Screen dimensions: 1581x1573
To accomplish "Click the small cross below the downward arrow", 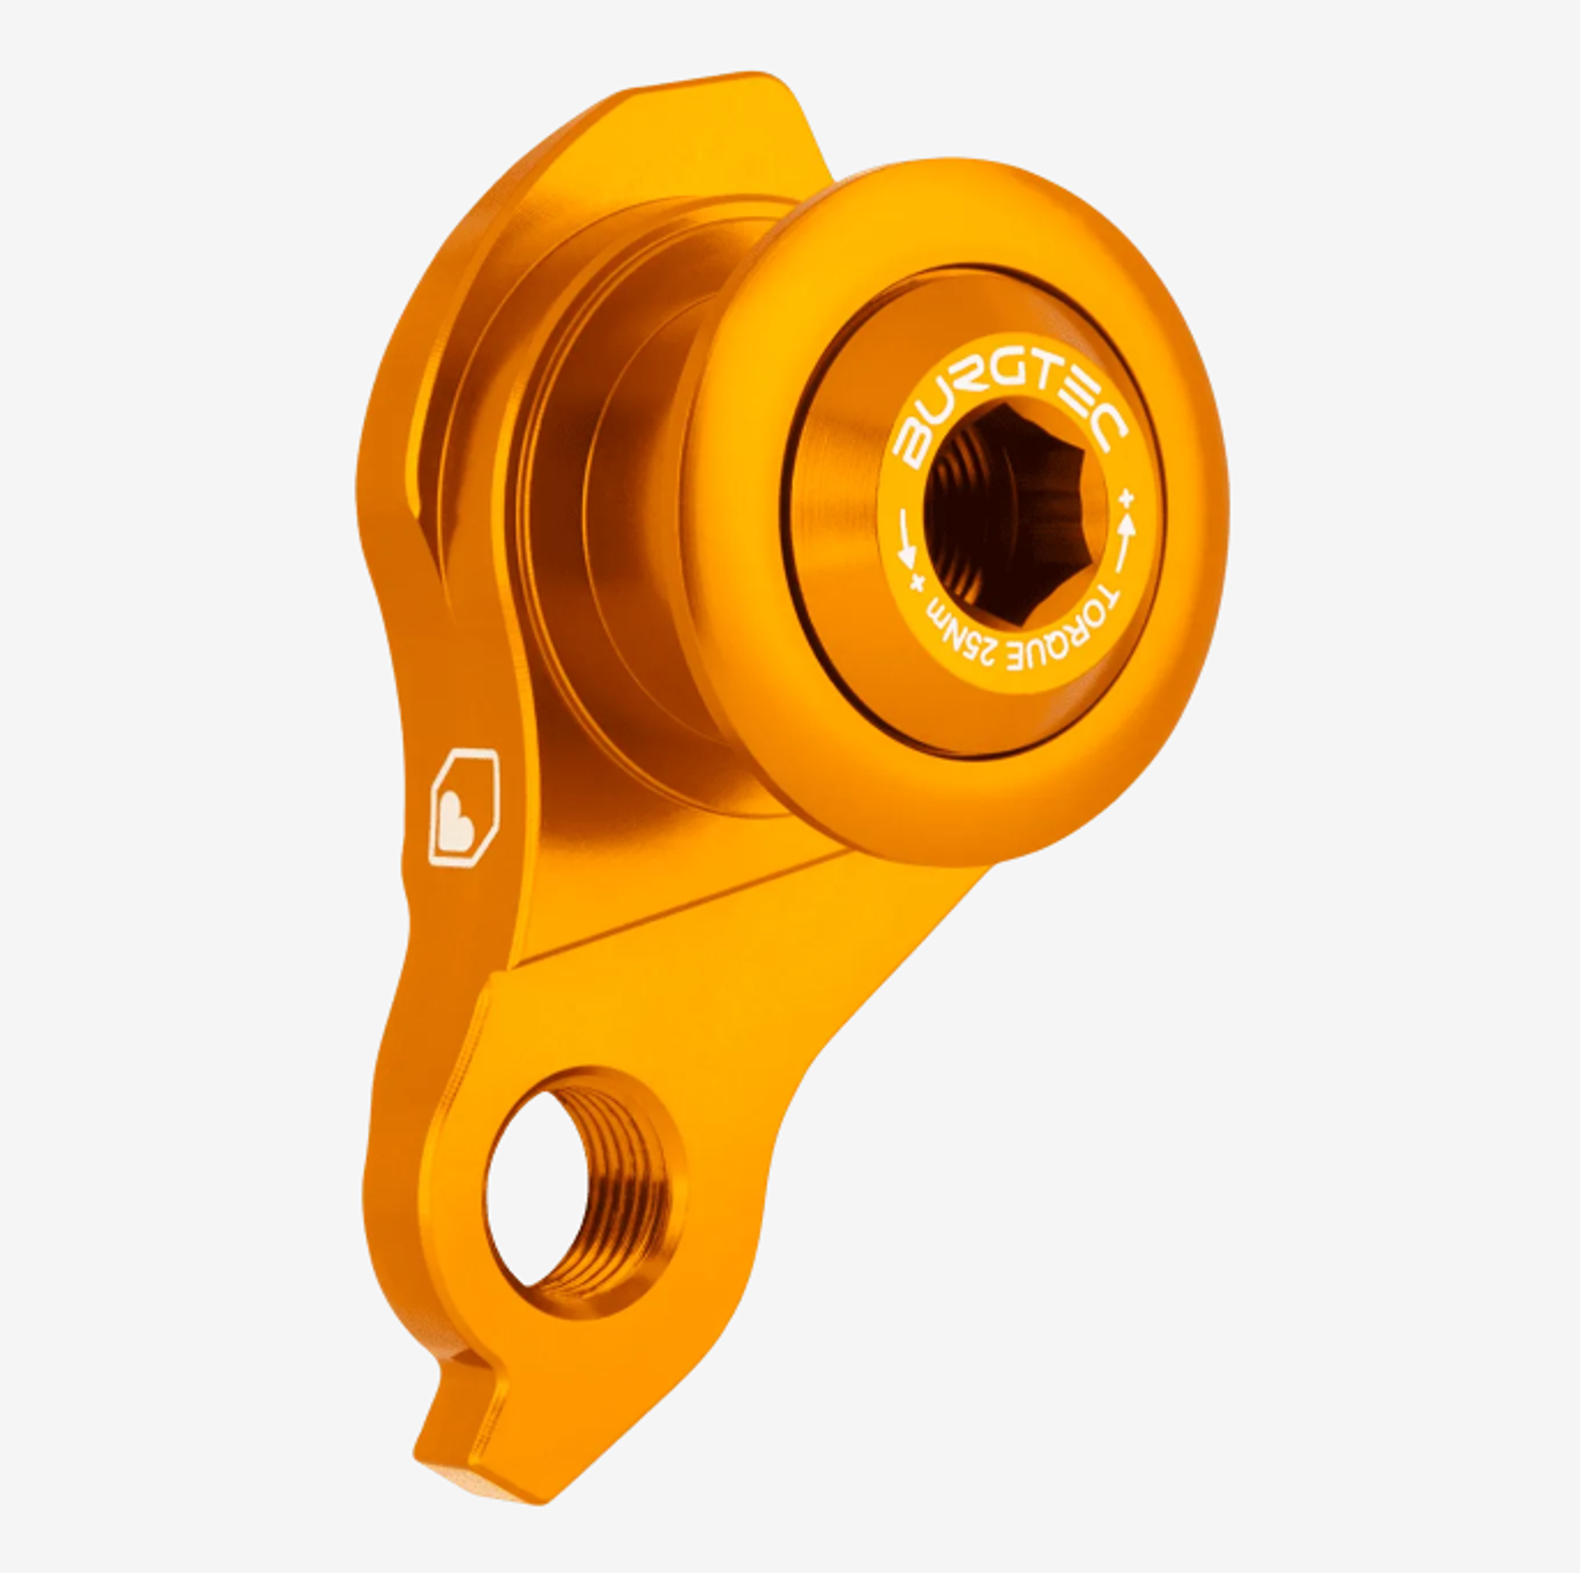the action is pos(916,582).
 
